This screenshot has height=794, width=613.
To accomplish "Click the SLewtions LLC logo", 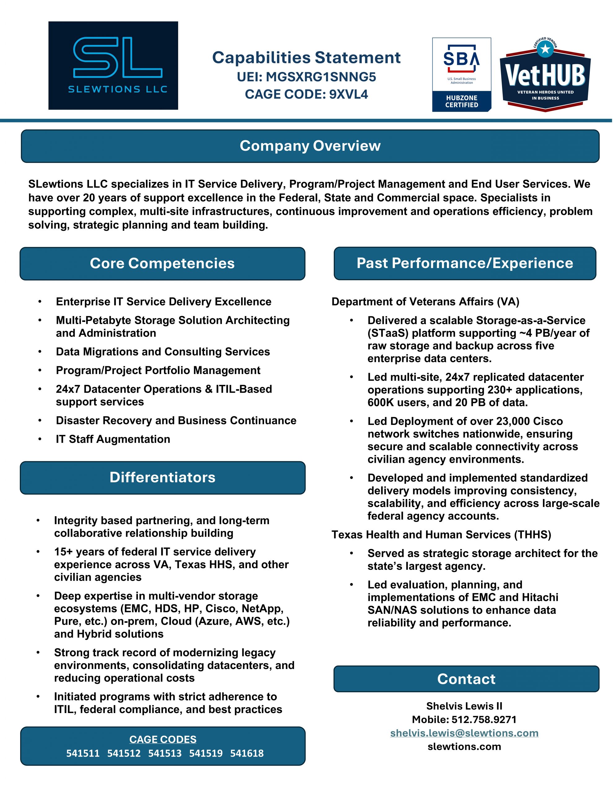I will (113, 65).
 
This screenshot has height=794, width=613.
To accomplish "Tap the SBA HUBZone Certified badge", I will (461, 74).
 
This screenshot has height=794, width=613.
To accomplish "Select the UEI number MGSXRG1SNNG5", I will (320, 77).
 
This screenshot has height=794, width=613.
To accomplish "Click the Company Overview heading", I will (310, 146).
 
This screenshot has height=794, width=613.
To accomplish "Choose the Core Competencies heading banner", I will (162, 264).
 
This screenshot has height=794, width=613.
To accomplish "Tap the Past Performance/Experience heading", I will (465, 263).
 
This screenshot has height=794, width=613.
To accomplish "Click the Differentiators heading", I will (162, 477).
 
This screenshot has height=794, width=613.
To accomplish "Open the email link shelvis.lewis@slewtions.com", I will (464, 733).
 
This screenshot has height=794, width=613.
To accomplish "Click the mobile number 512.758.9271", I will (484, 720).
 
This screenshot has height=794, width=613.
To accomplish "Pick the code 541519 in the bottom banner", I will (206, 753).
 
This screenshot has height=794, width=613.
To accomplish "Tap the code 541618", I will (247, 753).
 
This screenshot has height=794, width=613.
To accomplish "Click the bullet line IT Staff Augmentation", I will (113, 439).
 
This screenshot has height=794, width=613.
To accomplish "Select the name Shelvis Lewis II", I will (464, 706).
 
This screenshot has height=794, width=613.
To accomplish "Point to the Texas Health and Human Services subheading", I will (441, 534).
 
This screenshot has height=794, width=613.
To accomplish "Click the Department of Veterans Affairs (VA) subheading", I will (425, 302).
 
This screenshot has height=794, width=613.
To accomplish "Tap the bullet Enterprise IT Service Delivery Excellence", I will (164, 302).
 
